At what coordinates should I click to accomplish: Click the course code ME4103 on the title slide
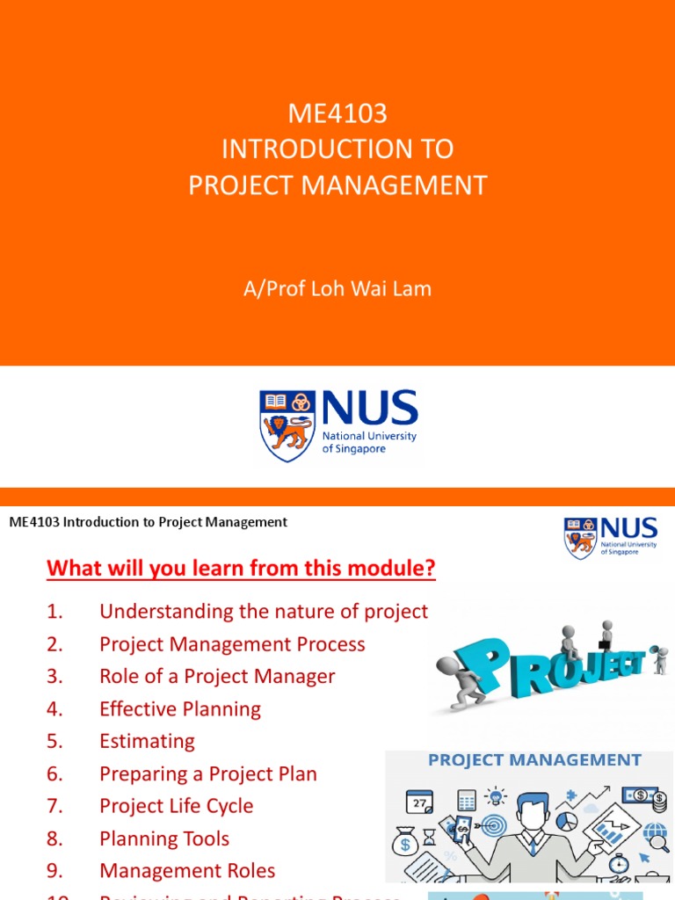(337, 113)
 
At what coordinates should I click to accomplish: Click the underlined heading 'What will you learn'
(241, 569)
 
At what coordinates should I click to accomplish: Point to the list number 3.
(55, 676)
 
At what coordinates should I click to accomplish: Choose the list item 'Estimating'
(147, 741)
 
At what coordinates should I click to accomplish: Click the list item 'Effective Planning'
(180, 708)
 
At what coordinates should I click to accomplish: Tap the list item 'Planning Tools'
(164, 838)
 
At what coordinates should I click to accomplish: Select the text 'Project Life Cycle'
(176, 806)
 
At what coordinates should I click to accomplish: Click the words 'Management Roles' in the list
(187, 871)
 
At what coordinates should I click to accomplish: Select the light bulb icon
(497, 796)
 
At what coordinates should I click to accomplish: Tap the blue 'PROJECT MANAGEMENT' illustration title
(534, 760)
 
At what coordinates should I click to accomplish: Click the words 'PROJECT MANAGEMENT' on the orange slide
(337, 185)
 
